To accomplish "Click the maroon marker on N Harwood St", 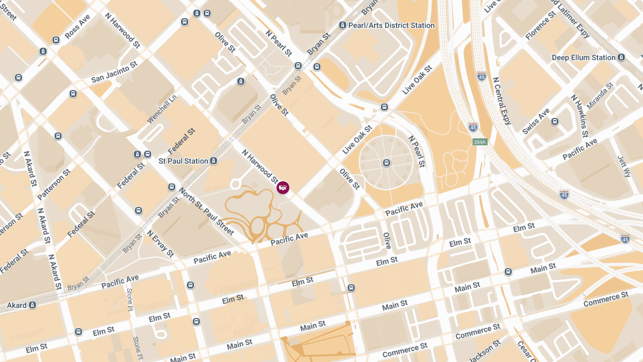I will pos(283,187).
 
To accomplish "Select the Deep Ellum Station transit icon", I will pos(621,57).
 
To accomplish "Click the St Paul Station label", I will pos(183,161).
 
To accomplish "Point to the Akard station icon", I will pos(33,305).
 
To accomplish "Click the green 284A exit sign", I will pos(480,142).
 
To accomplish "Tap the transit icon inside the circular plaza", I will pos(386,163).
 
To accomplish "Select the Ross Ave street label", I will pos(77,31).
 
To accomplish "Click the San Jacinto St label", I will pos(114,72).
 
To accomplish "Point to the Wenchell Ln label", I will pos(162,109).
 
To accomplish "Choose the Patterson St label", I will pos(54,185).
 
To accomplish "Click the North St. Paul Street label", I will pos(206,211).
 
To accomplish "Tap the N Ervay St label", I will pos(160,243).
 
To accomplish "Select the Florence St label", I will pos(540,26).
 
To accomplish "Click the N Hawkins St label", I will pos(579,116).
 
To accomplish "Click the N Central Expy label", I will pos(503,101).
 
